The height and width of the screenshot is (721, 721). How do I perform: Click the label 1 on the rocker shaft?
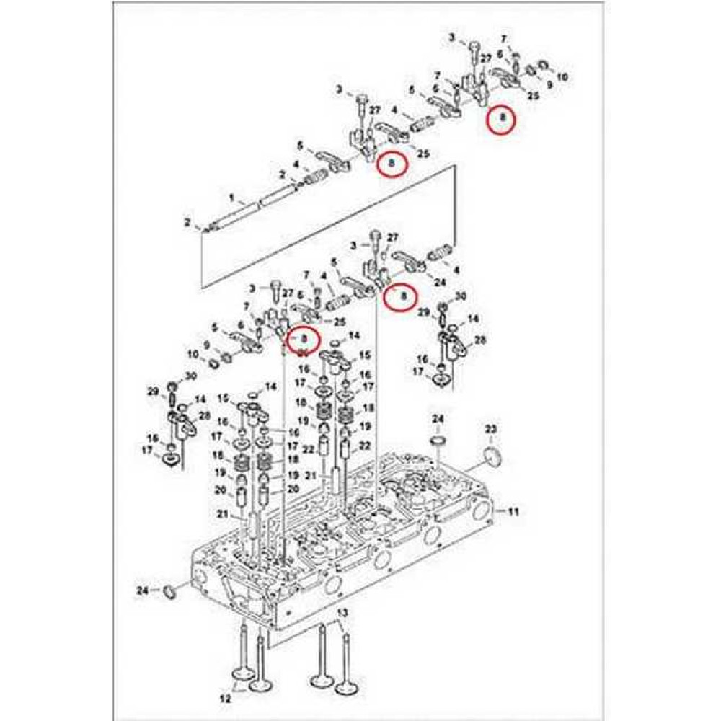(x=231, y=196)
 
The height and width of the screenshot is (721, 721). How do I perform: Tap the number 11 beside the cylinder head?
(x=513, y=511)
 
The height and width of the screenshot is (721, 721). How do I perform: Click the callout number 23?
(x=491, y=430)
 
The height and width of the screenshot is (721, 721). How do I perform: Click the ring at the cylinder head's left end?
(x=171, y=592)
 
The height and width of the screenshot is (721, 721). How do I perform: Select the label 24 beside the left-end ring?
(x=142, y=591)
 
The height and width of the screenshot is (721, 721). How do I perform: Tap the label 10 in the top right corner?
(x=562, y=76)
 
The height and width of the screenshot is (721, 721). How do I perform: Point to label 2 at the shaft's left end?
(x=187, y=221)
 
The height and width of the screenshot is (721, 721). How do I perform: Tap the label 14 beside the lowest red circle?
(x=353, y=336)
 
